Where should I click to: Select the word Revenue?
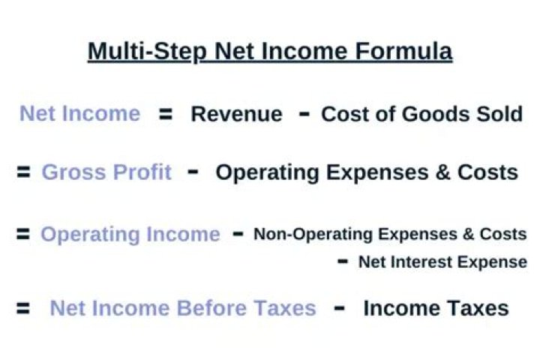click(236, 114)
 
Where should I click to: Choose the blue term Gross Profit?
click(106, 172)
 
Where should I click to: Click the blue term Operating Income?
click(130, 235)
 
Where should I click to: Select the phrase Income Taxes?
click(436, 308)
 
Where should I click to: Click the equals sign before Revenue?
click(166, 114)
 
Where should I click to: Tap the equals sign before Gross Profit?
click(23, 172)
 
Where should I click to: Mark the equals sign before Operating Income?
click(23, 234)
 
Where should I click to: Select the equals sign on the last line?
click(23, 308)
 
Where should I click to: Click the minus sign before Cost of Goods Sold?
click(304, 113)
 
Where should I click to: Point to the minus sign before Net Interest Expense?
click(343, 262)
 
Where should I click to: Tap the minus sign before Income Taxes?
click(340, 307)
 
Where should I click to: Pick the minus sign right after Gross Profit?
click(193, 172)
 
